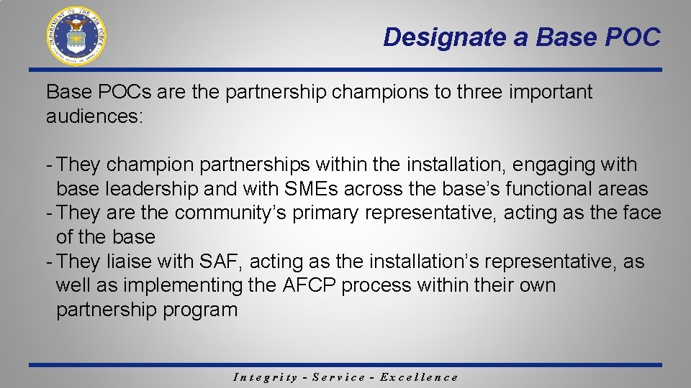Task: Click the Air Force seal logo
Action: pyautogui.click(x=76, y=35)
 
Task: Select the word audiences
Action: pyautogui.click(x=94, y=116)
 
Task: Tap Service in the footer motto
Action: pyautogui.click(x=338, y=377)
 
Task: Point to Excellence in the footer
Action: pyautogui.click(x=419, y=377)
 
